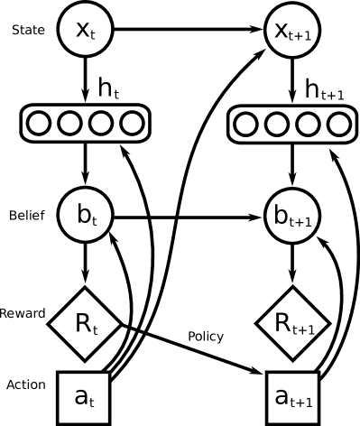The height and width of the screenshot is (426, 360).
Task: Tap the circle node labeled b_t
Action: [x=85, y=216]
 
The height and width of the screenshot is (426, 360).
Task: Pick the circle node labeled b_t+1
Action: [x=293, y=216]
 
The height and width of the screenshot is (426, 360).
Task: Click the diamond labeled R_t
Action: [x=85, y=323]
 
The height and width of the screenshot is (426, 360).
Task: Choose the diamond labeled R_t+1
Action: [x=293, y=323]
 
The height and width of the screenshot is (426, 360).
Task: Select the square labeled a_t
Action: [x=85, y=397]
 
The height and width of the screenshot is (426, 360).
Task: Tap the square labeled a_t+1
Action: [x=293, y=397]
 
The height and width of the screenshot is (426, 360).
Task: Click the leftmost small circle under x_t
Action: [x=38, y=123]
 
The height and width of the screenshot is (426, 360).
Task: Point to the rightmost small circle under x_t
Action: [x=132, y=123]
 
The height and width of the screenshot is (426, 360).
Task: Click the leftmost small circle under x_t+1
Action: [x=246, y=124]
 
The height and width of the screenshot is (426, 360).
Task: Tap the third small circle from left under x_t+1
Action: [x=309, y=124]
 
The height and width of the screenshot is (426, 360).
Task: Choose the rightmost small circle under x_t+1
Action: [x=339, y=124]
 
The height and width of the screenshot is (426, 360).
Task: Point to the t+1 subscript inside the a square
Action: [x=302, y=403]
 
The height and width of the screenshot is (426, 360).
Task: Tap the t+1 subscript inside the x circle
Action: [x=302, y=36]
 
